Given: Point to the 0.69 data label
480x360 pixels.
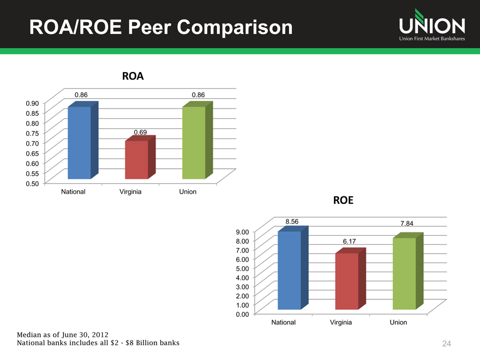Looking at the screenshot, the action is tap(140, 132).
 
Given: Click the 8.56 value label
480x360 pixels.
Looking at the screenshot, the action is tap(292, 221).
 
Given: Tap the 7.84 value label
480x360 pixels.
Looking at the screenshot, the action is tap(407, 224).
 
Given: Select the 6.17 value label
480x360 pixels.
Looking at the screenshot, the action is tap(349, 241).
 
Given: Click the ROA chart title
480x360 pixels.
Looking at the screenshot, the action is tap(133, 76).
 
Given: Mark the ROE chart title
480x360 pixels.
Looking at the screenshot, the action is tap(343, 200).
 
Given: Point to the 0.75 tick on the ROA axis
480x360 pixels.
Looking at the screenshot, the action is tap(32, 133).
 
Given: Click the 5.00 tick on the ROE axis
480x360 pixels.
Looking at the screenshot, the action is tap(242, 268).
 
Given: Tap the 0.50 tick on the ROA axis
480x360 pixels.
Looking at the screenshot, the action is tap(32, 184).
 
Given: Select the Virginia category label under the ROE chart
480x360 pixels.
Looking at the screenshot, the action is tap(341, 322).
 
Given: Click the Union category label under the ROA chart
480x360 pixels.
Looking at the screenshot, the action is tap(188, 191).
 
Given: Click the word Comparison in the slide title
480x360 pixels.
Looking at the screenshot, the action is tap(235, 28).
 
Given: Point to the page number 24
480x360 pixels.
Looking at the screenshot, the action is tap(446, 344).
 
